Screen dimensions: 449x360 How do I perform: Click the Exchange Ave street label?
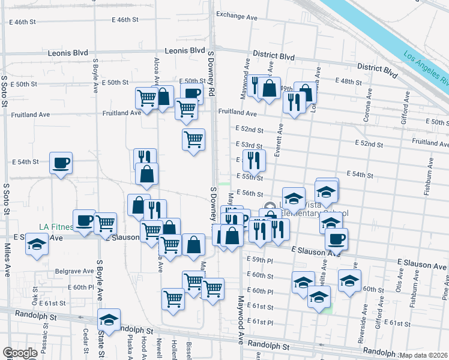[x=237, y=16]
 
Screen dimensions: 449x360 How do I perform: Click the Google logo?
[x=20, y=353]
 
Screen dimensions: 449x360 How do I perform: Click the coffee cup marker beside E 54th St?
[x=61, y=163]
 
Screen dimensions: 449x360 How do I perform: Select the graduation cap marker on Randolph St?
[x=109, y=319]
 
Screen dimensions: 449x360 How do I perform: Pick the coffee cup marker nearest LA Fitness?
[x=84, y=220]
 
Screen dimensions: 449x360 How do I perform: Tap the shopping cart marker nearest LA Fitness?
[x=106, y=223]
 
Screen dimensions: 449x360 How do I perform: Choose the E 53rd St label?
[x=248, y=145]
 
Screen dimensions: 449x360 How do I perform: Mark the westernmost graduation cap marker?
[x=37, y=245]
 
